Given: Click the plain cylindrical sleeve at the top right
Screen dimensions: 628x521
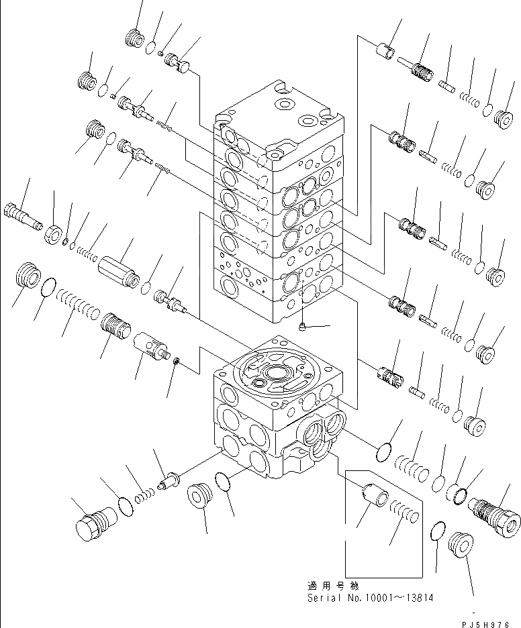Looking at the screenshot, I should click(x=386, y=52).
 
